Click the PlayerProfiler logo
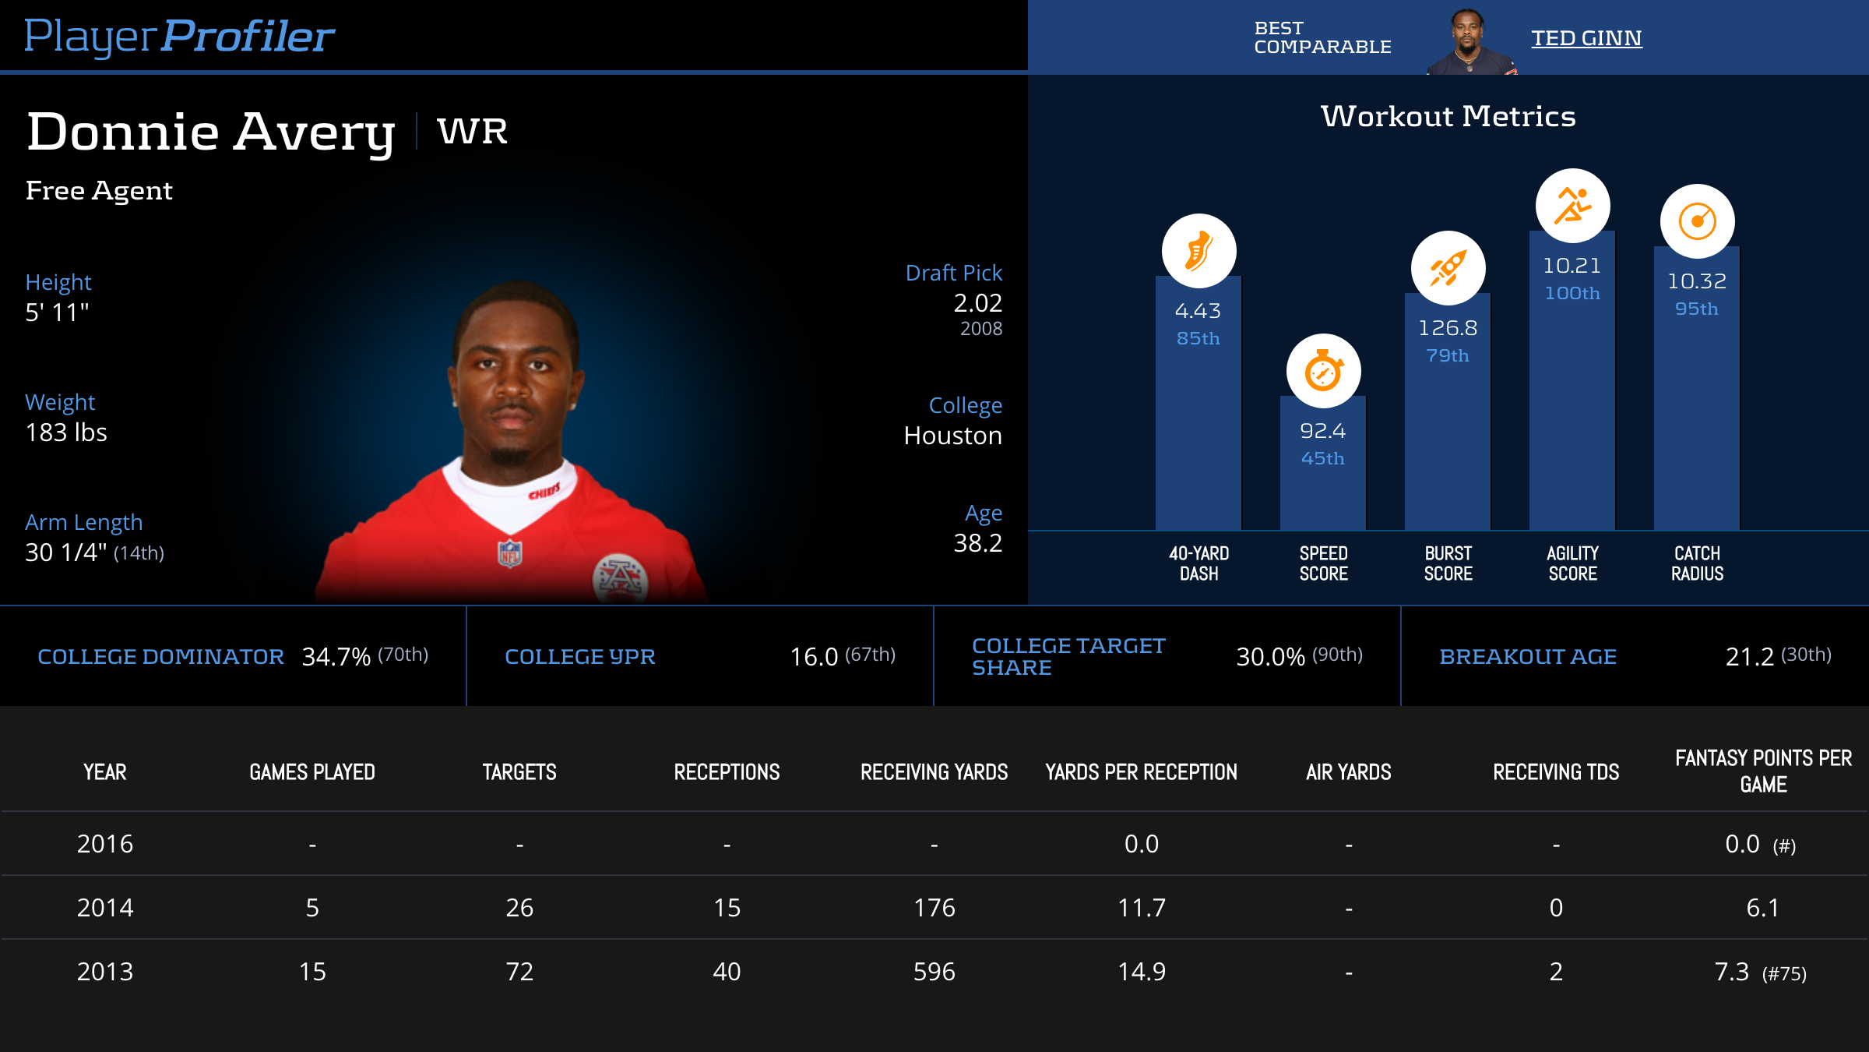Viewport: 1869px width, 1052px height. (x=179, y=37)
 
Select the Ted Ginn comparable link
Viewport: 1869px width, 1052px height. (x=1586, y=38)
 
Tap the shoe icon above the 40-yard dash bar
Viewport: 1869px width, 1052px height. (x=1198, y=251)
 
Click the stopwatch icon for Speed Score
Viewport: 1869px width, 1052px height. (x=1323, y=371)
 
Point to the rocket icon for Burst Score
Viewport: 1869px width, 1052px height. (x=1448, y=268)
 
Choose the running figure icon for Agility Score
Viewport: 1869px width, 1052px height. (x=1572, y=206)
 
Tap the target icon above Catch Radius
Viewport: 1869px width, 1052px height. (x=1697, y=221)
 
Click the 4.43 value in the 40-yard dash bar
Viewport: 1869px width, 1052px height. (x=1198, y=311)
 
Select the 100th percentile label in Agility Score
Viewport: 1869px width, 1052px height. (x=1572, y=293)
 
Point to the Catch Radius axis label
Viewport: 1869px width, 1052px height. (x=1697, y=563)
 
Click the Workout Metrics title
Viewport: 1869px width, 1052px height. (x=1448, y=117)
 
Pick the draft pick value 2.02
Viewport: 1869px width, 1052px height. (x=977, y=303)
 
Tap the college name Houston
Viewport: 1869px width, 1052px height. (x=952, y=436)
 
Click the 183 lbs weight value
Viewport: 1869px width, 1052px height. (x=66, y=432)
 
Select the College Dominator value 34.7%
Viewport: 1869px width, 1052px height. (x=336, y=657)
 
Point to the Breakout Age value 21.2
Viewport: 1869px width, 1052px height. (x=1749, y=657)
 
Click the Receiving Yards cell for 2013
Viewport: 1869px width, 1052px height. (x=934, y=972)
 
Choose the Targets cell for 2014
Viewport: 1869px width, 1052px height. (x=519, y=908)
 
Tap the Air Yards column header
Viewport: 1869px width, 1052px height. (x=1348, y=772)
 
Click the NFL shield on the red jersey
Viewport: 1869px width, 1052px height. (x=509, y=553)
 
